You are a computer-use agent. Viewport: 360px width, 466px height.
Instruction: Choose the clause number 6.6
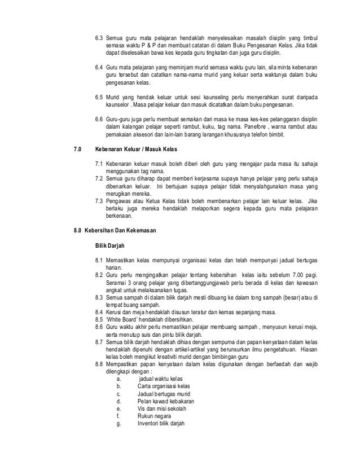(x=99, y=120)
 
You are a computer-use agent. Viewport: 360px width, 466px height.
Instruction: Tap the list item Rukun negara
(x=155, y=416)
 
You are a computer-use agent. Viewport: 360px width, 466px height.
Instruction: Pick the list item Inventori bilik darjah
(x=161, y=424)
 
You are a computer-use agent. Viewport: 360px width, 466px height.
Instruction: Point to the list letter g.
(x=118, y=424)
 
